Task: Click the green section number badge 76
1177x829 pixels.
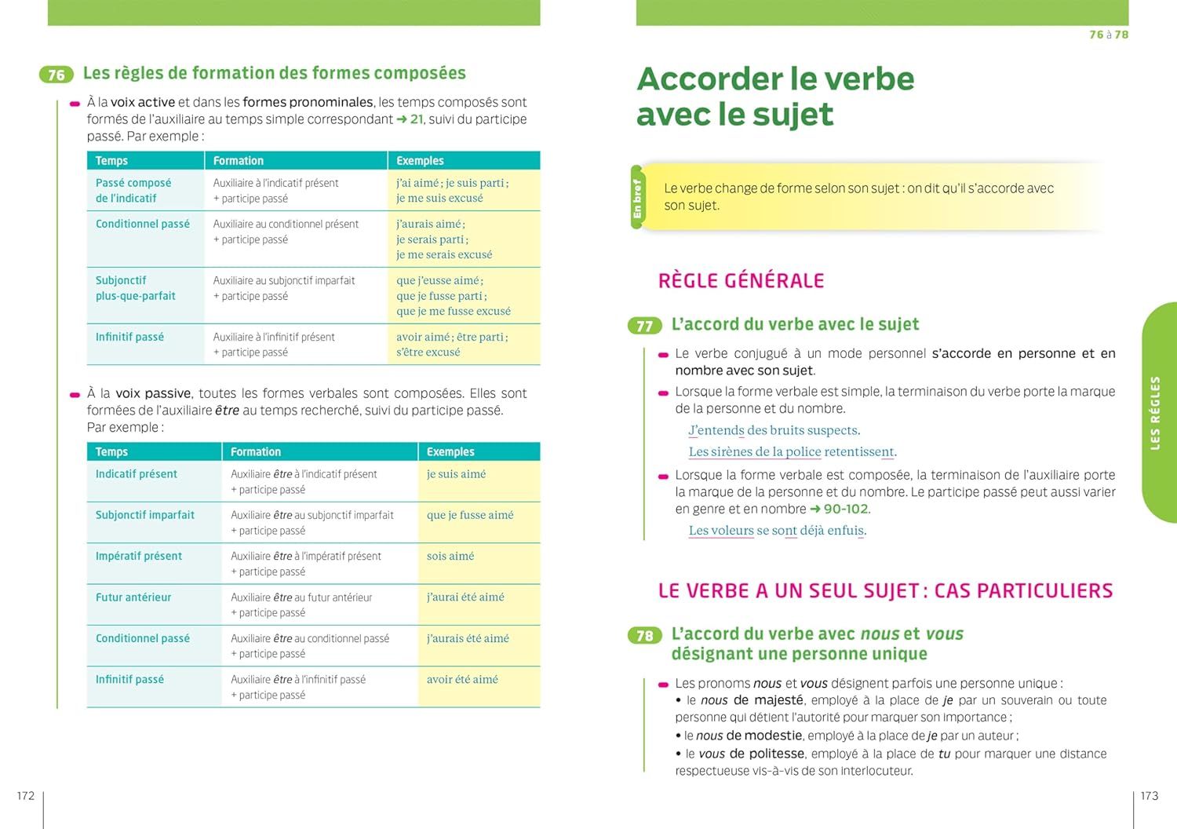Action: (56, 75)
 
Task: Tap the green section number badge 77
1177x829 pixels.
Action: (644, 326)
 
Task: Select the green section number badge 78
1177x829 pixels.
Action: (644, 635)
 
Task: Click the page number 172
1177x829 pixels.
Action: (26, 796)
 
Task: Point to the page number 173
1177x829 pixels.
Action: (1149, 796)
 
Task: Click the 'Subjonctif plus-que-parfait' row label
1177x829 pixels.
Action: (136, 288)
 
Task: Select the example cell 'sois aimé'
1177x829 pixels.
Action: (450, 556)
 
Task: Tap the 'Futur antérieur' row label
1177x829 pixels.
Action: (133, 597)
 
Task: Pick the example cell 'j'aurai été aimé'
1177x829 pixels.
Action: (465, 597)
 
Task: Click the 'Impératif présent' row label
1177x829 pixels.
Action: (139, 556)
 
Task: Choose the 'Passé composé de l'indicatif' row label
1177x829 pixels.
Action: (133, 191)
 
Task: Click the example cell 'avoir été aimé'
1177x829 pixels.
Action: (462, 680)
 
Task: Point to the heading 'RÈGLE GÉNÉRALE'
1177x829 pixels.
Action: (741, 281)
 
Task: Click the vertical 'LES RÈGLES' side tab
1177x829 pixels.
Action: (1155, 413)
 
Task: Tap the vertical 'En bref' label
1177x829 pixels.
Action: (637, 199)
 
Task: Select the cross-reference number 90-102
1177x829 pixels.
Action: (846, 509)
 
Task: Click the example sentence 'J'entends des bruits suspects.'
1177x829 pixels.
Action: (774, 430)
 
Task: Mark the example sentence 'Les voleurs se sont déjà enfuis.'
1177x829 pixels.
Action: (777, 531)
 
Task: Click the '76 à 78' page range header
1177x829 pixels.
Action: (1109, 35)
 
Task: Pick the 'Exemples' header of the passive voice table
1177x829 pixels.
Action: (450, 452)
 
